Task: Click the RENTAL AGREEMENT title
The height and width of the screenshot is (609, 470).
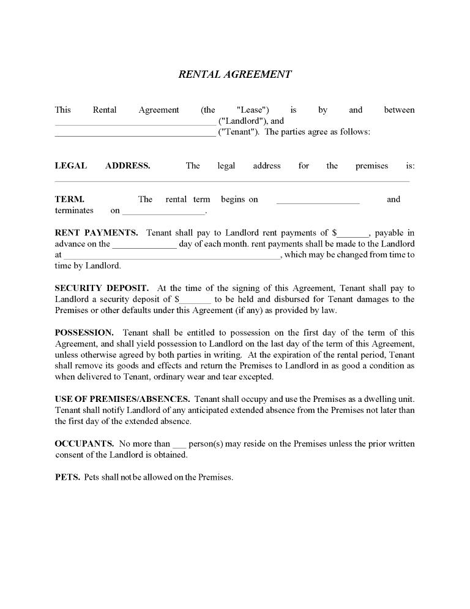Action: [x=235, y=74]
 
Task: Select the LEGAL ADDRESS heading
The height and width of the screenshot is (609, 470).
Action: [x=102, y=165]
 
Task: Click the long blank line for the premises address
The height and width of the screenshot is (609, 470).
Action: [x=232, y=180]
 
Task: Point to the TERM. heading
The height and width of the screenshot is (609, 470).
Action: [x=70, y=199]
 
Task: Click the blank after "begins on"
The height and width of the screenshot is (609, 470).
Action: [x=318, y=201]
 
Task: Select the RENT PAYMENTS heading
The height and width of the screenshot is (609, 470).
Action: [x=96, y=233]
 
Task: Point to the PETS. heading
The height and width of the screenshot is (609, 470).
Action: [x=67, y=477]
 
